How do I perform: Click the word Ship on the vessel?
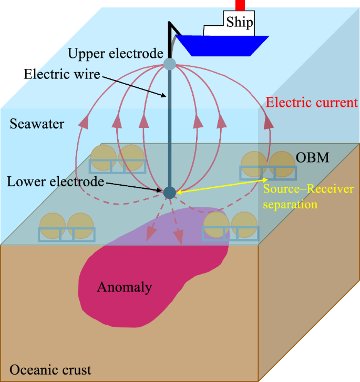pyautogui.click(x=240, y=23)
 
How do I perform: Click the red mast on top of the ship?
pyautogui.click(x=240, y=5)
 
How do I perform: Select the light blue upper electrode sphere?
pyautogui.click(x=169, y=64)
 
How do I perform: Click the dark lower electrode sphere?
pyautogui.click(x=169, y=193)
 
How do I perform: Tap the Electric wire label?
pyautogui.click(x=61, y=74)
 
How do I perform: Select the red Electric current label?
pyautogui.click(x=312, y=103)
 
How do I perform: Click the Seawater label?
pyautogui.click(x=36, y=124)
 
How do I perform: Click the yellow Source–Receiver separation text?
pyautogui.click(x=308, y=196)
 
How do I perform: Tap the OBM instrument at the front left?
pyautogui.click(x=67, y=227)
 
